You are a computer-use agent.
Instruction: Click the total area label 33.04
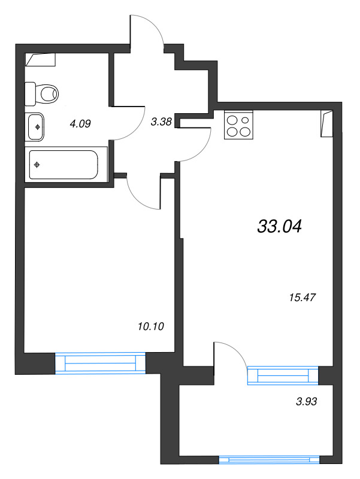280,227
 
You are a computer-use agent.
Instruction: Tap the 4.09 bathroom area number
80,124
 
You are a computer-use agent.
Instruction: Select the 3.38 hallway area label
161,122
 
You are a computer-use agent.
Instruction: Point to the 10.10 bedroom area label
151,326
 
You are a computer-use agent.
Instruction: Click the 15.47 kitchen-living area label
302,297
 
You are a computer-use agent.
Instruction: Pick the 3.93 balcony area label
307,401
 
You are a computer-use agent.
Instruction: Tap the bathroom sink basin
35,127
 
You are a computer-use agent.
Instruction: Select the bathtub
63,165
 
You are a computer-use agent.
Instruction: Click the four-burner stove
238,125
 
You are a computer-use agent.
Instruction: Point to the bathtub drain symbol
37,165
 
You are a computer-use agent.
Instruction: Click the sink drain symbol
37,127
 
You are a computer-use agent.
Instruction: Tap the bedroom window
100,363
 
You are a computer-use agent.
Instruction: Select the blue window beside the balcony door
283,375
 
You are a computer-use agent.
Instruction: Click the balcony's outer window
269,460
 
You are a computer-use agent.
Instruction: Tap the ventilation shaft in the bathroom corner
40,59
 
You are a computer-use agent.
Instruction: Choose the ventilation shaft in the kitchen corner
326,123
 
